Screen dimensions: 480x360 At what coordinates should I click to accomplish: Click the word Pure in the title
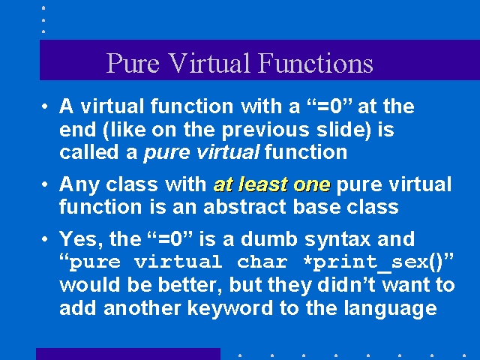[133, 63]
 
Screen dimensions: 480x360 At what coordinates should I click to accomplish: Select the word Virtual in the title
[210, 63]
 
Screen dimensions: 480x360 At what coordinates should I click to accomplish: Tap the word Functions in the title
[316, 63]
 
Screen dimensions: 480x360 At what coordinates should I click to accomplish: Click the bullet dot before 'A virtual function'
[45, 106]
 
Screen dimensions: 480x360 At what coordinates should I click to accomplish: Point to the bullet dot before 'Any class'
[45, 184]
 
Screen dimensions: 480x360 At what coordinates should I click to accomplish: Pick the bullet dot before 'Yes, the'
[45, 238]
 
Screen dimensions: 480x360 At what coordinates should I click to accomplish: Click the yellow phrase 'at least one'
[272, 184]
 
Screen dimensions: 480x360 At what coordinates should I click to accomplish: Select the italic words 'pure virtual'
[202, 153]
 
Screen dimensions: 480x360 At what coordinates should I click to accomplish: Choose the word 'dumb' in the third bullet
[269, 238]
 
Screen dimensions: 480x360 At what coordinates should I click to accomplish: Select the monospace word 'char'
[262, 262]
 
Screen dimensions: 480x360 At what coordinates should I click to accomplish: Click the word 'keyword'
[230, 308]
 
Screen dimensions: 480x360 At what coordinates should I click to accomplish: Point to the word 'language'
[390, 309]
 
